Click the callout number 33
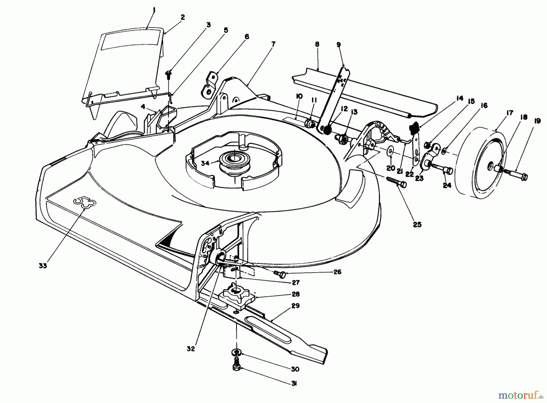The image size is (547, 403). (x=43, y=265)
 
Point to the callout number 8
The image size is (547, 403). (x=317, y=44)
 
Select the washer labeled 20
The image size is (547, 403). (x=390, y=151)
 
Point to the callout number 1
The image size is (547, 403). (x=154, y=10)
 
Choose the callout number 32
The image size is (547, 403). (x=190, y=349)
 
